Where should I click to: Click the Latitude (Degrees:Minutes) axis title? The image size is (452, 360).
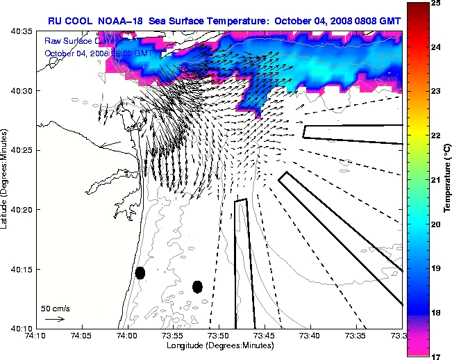(6, 179)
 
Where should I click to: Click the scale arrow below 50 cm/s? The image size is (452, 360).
(54, 319)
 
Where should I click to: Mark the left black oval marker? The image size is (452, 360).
(140, 272)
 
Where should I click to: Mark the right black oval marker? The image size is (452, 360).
(197, 286)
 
